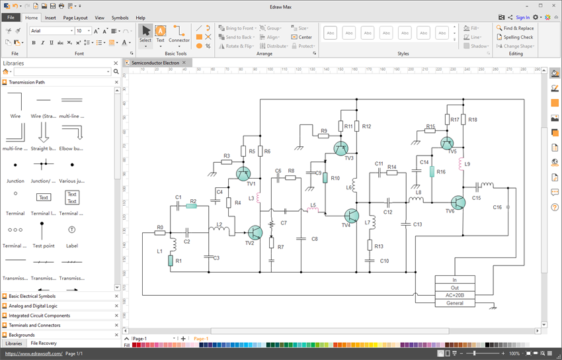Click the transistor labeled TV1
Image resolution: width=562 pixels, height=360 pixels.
pyautogui.click(x=244, y=173)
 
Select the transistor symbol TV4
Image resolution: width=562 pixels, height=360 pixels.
pyautogui.click(x=351, y=215)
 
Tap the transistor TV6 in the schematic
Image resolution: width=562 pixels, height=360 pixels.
pyautogui.click(x=458, y=202)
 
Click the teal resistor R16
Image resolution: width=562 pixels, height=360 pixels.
pyautogui.click(x=432, y=171)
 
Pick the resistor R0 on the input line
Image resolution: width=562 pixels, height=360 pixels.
pyautogui.click(x=160, y=233)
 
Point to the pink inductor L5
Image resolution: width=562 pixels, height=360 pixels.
pyautogui.click(x=313, y=210)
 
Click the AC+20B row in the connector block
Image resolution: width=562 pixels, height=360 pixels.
pyautogui.click(x=454, y=295)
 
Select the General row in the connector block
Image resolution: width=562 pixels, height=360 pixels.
pyautogui.click(x=454, y=303)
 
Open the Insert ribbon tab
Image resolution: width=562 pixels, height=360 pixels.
pyautogui.click(x=50, y=18)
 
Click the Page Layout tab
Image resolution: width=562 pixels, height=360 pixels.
pyautogui.click(x=75, y=18)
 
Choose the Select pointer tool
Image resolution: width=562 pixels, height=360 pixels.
pyautogui.click(x=145, y=34)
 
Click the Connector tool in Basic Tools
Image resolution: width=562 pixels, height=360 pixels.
pyautogui.click(x=179, y=34)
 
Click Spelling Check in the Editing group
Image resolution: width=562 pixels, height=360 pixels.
pyautogui.click(x=518, y=37)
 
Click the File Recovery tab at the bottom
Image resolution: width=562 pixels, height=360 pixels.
pyautogui.click(x=44, y=343)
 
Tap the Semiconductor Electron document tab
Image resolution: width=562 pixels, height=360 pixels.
pyautogui.click(x=155, y=62)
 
